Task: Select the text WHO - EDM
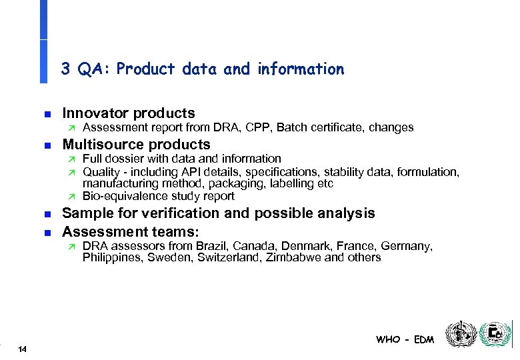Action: pos(405,339)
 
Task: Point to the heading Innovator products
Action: pos(128,113)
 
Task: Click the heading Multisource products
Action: pos(136,145)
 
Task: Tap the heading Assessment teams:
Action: pos(131,232)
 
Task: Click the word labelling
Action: pos(287,183)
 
